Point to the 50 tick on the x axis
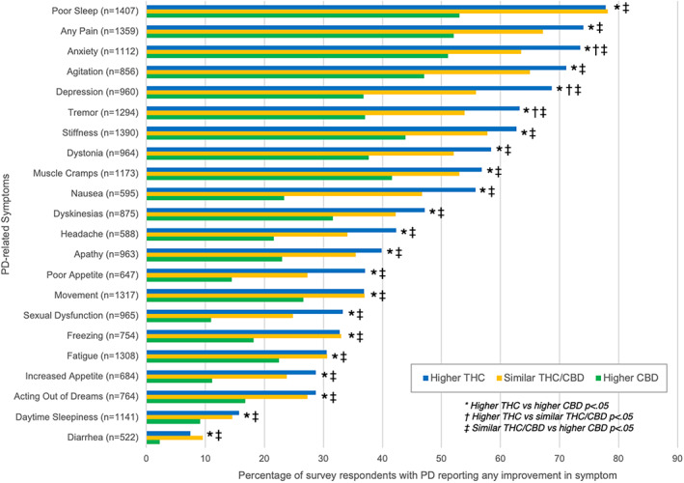coord(441,460)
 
